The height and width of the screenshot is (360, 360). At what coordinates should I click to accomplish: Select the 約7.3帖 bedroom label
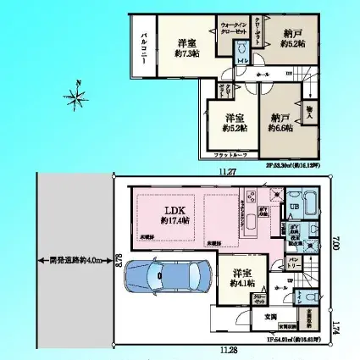pyautogui.click(x=188, y=48)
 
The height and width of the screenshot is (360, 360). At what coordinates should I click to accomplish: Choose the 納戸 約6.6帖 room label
pyautogui.click(x=280, y=123)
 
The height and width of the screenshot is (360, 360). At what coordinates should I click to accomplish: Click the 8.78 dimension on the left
pyautogui.click(x=118, y=255)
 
